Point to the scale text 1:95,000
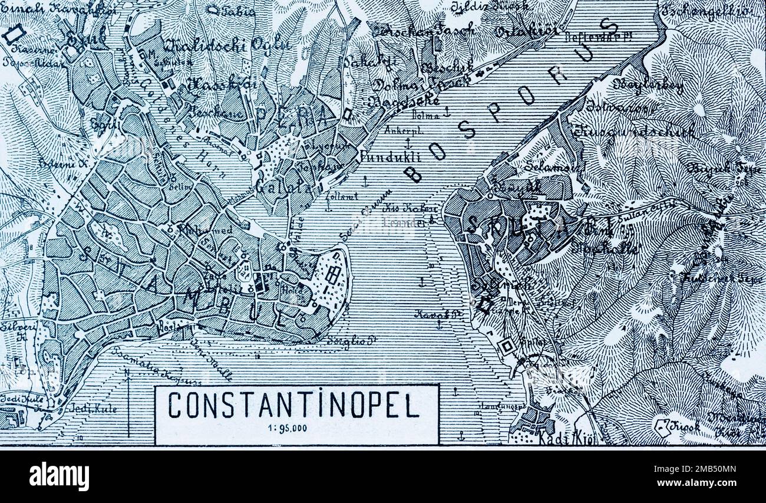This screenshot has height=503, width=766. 292,429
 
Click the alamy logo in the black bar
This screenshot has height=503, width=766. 59,476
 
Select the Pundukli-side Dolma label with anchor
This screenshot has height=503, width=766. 429,116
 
